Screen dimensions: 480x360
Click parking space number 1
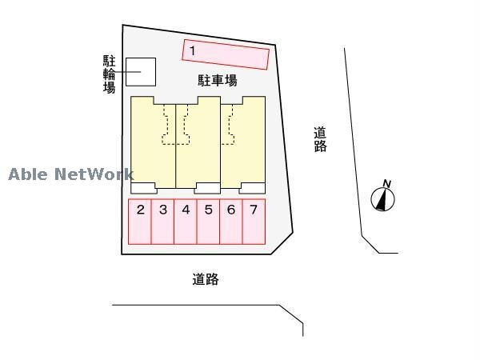tap(226, 54)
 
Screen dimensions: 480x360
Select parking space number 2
tap(139, 222)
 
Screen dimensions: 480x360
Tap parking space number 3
tap(162, 222)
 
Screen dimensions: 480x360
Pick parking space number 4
tap(186, 222)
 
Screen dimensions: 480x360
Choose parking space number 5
tap(208, 222)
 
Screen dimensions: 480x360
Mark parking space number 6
tap(231, 222)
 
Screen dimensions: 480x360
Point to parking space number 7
tap(254, 222)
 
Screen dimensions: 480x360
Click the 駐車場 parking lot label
tap(218, 81)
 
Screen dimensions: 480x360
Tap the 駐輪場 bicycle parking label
tap(109, 74)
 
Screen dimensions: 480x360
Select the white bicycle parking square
tap(141, 72)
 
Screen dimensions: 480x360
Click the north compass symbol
tap(382, 199)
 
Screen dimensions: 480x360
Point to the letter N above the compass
tap(387, 184)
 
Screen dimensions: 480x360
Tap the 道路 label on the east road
tap(320, 139)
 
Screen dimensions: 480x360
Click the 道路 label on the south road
tap(206, 279)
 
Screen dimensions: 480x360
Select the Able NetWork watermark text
tap(71, 174)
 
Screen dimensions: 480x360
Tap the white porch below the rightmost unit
tap(252, 188)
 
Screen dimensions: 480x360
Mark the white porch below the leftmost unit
tap(143, 188)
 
